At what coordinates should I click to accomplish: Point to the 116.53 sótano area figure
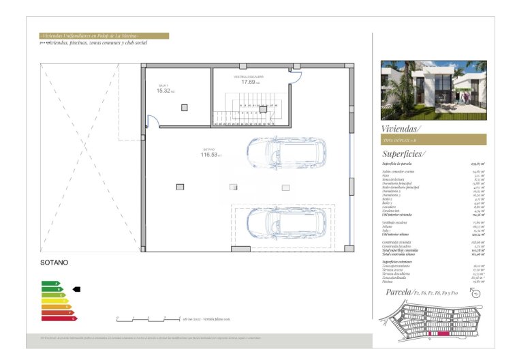tap(210, 155)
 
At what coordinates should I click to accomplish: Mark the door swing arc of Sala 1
tap(153, 121)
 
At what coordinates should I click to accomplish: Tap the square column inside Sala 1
tap(184, 107)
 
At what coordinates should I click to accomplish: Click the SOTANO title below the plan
tap(55, 262)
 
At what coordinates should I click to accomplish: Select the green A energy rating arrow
tap(50, 283)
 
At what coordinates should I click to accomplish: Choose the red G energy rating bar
tap(59, 318)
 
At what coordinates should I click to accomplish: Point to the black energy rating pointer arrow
tap(76, 289)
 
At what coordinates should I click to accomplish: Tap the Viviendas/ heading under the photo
tap(401, 128)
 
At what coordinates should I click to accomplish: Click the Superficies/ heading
tap(404, 153)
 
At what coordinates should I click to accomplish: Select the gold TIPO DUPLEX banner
tap(433, 139)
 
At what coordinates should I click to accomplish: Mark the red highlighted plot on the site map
tap(444, 334)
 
